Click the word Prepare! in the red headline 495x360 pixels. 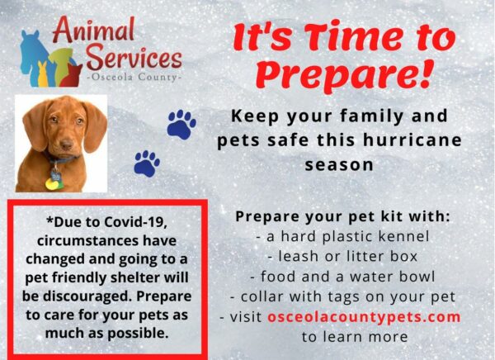[x=343, y=75]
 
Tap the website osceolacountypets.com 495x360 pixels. [x=364, y=317]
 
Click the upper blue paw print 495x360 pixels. [x=181, y=124]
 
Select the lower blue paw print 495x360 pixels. [x=147, y=163]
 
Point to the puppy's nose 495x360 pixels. [x=66, y=144]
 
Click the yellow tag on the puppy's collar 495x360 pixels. [x=52, y=183]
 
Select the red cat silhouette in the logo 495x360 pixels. [x=71, y=76]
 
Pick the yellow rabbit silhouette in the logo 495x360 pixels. [x=43, y=74]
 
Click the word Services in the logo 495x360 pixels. [x=134, y=57]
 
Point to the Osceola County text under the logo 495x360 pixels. [x=134, y=77]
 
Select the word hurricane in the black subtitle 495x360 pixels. [x=412, y=140]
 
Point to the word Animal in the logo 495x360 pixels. [x=94, y=30]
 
